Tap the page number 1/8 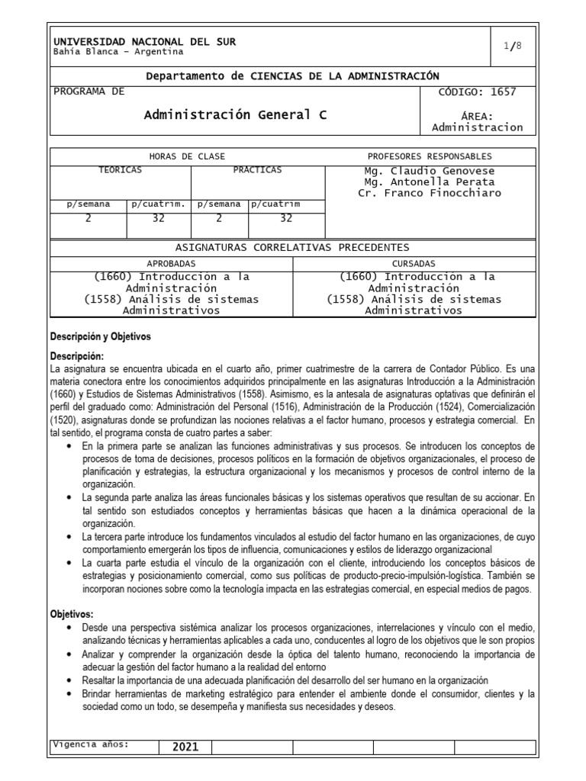(x=513, y=46)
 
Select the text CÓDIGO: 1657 (x=478, y=92)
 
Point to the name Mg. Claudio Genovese (x=430, y=170)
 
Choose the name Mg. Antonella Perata (x=430, y=182)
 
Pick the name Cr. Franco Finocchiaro (x=430, y=193)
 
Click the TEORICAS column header (x=120, y=169)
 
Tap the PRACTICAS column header (x=257, y=169)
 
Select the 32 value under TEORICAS (x=158, y=217)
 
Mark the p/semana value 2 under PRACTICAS (x=219, y=217)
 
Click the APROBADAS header (x=171, y=262)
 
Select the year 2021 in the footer (x=185, y=747)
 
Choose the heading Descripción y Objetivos (x=101, y=336)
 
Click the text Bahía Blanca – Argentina (x=118, y=52)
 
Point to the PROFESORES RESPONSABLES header (x=430, y=156)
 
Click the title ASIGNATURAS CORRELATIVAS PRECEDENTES (x=292, y=247)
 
